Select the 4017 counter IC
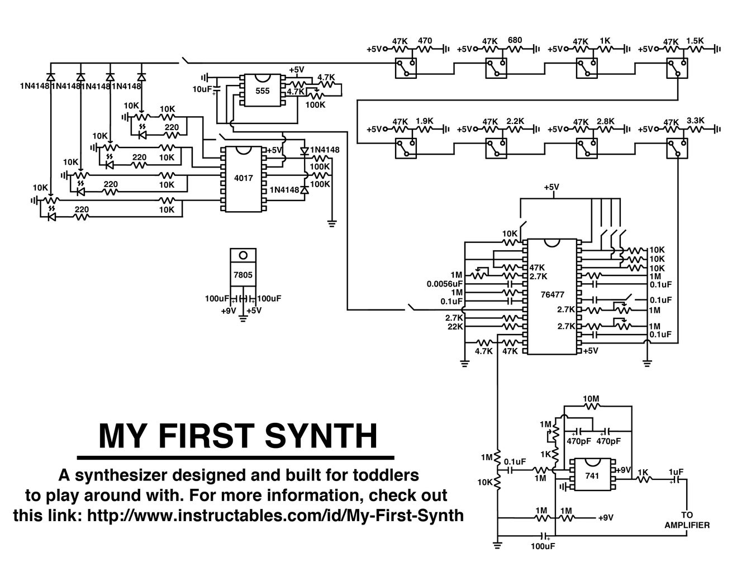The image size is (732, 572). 243,179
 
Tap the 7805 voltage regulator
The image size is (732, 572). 243,274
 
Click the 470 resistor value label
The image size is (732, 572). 425,41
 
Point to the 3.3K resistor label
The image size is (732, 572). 696,120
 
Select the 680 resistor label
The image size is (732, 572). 515,40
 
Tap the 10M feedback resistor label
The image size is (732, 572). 591,399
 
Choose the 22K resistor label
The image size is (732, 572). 455,327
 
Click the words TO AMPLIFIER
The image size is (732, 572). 687,520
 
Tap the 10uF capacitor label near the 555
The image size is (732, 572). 202,89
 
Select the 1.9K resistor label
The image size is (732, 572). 425,120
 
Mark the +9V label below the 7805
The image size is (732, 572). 228,311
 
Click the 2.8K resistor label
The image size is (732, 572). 605,120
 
